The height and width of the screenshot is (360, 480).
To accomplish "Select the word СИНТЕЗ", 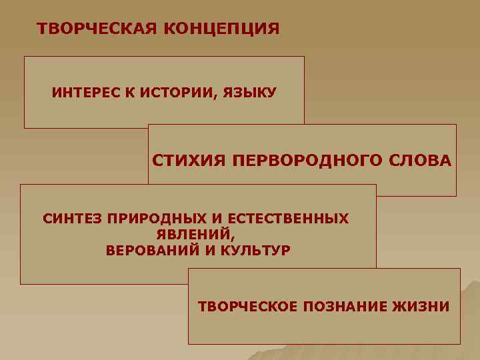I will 69,219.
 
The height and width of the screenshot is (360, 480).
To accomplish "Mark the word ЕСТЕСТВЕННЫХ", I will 288,219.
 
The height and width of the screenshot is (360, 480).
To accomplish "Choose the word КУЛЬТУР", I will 256,251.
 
